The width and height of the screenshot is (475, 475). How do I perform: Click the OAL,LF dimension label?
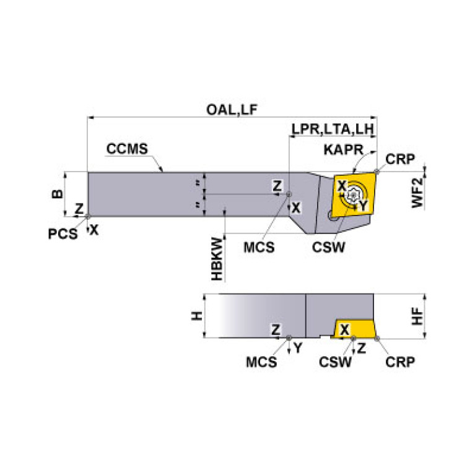pos(231,110)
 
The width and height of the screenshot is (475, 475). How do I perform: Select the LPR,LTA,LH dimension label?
pos(332,130)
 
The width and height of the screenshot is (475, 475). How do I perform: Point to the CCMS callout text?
pos(127,149)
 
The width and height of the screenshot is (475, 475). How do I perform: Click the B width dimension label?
pos(56,194)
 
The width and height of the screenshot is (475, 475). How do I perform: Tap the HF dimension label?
pos(418,317)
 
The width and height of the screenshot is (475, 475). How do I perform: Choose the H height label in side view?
pos(197,316)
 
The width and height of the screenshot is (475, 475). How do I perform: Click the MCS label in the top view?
pos(259,246)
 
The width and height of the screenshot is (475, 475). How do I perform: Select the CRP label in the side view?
pos(399,361)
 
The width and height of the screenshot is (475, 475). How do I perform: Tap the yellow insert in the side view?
pos(355,329)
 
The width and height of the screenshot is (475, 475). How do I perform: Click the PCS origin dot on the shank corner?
pos(88,216)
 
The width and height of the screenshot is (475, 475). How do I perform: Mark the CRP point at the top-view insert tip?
pos(377,172)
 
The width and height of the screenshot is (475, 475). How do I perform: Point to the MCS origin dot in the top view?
pos(289,194)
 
